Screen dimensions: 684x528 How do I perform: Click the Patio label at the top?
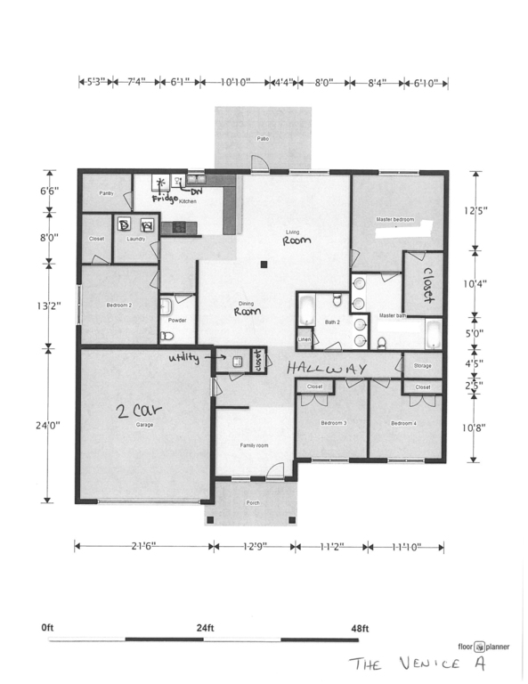263,140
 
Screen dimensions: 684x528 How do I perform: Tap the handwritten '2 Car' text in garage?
138,411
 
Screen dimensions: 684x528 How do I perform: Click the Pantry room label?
106,193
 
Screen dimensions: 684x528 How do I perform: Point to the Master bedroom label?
394,219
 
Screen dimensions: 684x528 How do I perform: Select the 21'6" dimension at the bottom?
142,545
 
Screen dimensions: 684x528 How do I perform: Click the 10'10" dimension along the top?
235,82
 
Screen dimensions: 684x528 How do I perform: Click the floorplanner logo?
478,647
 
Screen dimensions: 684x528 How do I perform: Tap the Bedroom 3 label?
331,423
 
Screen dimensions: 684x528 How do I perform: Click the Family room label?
255,444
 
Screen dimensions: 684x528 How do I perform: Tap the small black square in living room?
264,265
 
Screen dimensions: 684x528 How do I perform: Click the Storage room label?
422,366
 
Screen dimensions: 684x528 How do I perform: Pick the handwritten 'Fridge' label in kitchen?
166,199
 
